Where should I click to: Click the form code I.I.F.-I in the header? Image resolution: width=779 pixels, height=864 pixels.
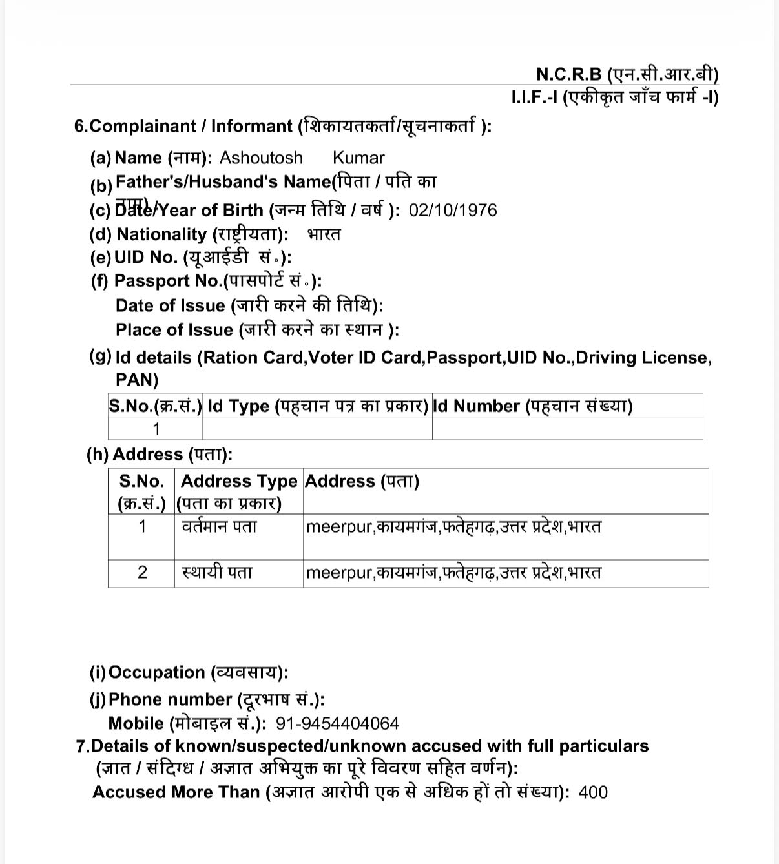pyautogui.click(x=534, y=98)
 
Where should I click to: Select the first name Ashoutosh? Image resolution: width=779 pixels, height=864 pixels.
pyautogui.click(x=261, y=158)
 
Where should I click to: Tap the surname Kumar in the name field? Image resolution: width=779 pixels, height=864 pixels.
pyautogui.click(x=358, y=158)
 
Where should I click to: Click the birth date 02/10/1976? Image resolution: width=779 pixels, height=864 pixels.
pyautogui.click(x=453, y=211)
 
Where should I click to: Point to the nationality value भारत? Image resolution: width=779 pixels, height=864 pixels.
pyautogui.click(x=324, y=234)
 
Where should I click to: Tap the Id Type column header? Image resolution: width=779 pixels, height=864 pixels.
pyautogui.click(x=317, y=406)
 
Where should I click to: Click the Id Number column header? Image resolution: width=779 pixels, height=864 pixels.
pyautogui.click(x=532, y=406)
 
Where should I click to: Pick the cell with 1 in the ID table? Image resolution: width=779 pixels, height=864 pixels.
pyautogui.click(x=156, y=429)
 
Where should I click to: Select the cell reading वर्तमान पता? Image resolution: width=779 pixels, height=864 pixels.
pyautogui.click(x=219, y=527)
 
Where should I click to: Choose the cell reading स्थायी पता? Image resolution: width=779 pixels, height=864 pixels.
pyautogui.click(x=217, y=572)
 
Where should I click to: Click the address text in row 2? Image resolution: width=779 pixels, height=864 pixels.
pyautogui.click(x=453, y=573)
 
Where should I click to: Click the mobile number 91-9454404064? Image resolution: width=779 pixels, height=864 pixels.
pyautogui.click(x=337, y=723)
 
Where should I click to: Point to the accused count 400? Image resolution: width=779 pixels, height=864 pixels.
pyautogui.click(x=593, y=792)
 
